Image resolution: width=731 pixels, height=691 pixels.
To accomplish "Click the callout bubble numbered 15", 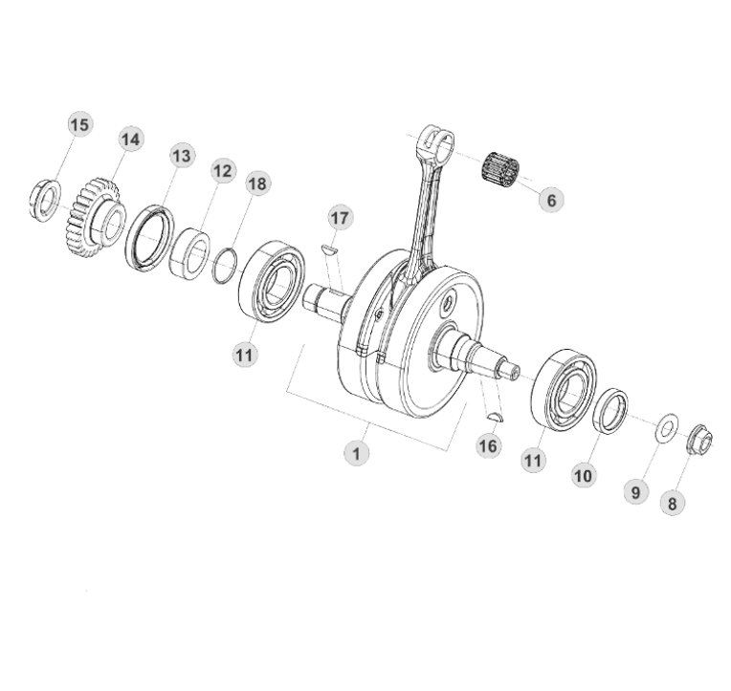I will point(79,125).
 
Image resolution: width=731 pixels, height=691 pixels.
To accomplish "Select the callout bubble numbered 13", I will point(182,156).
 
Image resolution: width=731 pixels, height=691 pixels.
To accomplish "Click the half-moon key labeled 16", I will point(494,416).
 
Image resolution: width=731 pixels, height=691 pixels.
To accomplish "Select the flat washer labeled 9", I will point(665,426).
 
